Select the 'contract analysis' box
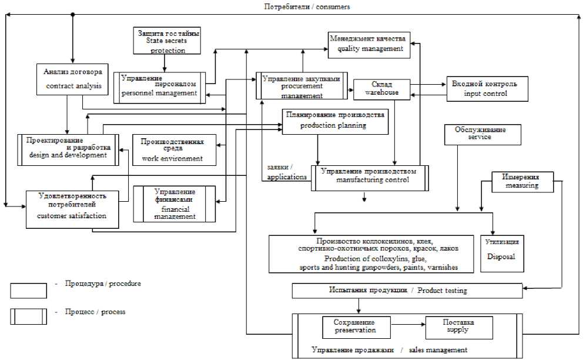(x=73, y=79)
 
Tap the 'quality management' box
(x=369, y=44)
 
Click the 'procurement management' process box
(x=302, y=86)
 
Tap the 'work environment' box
(x=175, y=150)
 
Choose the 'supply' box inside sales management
(x=457, y=326)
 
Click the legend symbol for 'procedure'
(x=28, y=291)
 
